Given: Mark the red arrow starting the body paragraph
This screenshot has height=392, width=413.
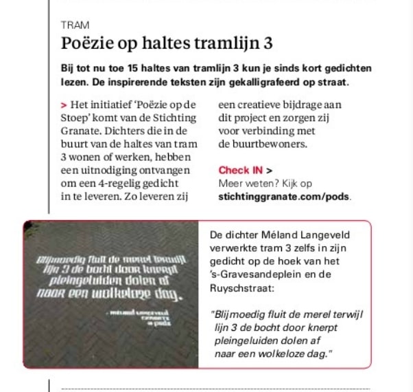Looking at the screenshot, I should click(x=62, y=105).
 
